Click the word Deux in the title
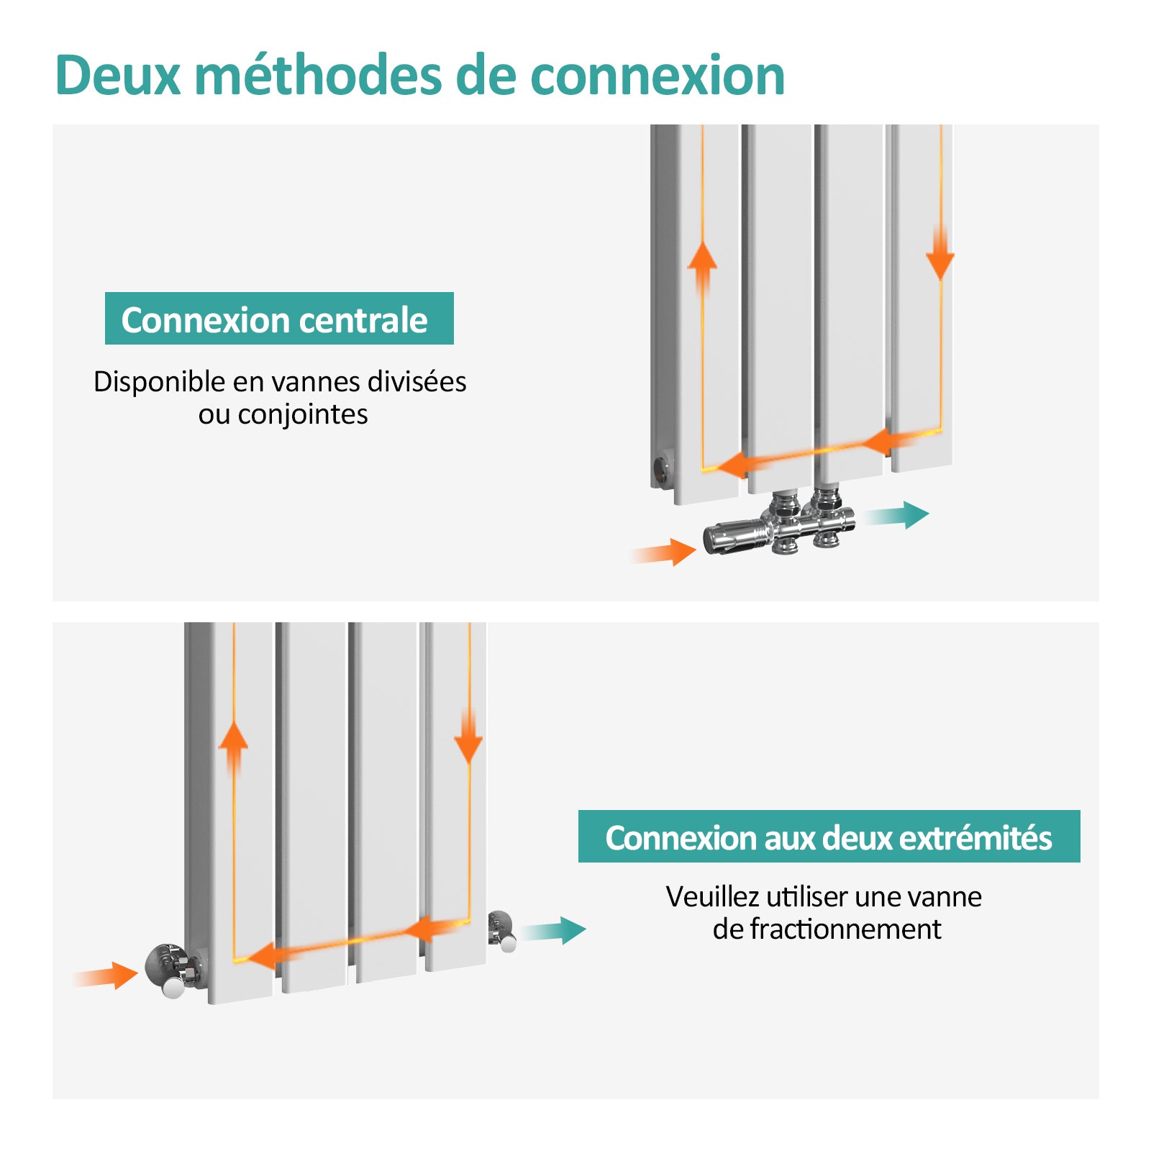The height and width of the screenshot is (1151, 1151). (x=117, y=76)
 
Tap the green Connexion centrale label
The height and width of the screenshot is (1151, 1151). (x=279, y=319)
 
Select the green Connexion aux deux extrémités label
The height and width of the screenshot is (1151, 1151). (x=829, y=837)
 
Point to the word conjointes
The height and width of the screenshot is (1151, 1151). (x=303, y=414)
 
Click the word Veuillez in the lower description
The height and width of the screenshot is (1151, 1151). (x=711, y=897)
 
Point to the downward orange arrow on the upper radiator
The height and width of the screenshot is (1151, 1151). (x=940, y=255)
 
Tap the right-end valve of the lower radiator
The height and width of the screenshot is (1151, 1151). (x=501, y=930)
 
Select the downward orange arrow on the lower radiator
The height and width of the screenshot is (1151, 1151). (x=468, y=737)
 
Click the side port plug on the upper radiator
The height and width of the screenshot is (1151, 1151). (x=662, y=469)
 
